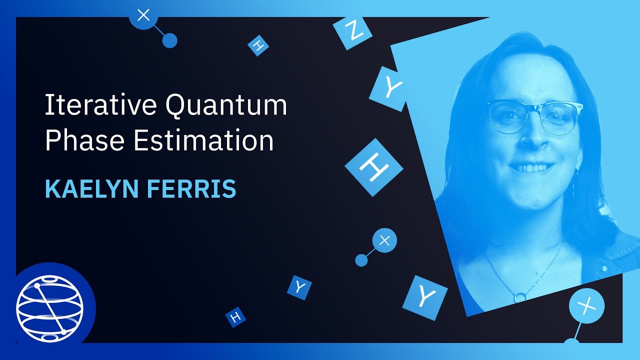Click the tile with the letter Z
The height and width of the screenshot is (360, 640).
point(353,32)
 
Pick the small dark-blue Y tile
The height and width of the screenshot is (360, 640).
point(299,287)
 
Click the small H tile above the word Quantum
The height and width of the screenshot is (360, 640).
point(258,45)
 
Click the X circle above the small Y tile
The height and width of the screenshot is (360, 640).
point(384,241)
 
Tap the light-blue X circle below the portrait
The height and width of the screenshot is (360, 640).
point(586,304)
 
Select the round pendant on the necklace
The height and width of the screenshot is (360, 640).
point(520,296)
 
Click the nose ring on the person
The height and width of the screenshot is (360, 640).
point(523,141)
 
